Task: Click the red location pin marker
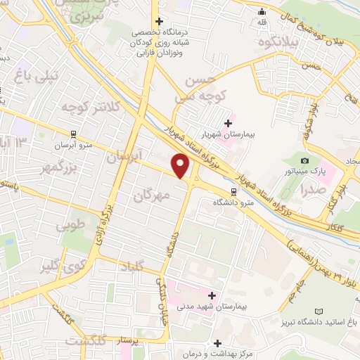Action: (x=181, y=166)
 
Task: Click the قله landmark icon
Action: (x=262, y=11)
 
